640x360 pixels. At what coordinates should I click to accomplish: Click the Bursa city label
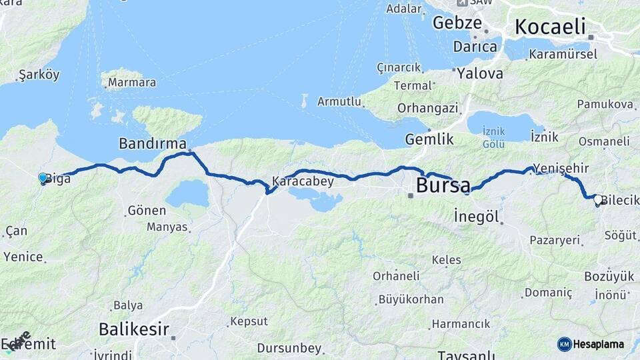point(443,185)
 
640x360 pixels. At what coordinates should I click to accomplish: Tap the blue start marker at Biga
point(43,178)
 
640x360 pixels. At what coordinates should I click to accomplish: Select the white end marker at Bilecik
point(598,199)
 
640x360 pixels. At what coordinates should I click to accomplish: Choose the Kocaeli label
point(550,27)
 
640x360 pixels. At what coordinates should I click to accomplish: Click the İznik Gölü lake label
point(493,139)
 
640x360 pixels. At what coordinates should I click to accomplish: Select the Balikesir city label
point(134,329)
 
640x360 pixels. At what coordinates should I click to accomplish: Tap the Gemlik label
point(429,139)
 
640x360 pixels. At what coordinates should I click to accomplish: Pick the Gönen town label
point(146,211)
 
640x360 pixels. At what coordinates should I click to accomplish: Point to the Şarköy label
point(39,74)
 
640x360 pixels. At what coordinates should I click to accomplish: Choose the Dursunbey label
point(290,349)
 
